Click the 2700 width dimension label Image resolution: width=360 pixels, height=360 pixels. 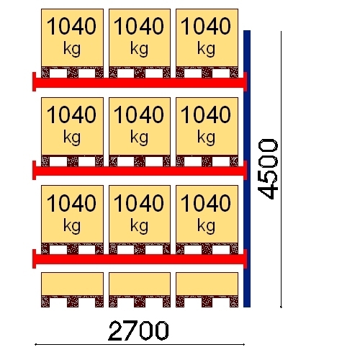tap(138, 331)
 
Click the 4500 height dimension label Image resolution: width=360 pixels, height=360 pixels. tap(268, 169)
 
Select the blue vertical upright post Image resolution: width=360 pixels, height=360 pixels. tap(247, 168)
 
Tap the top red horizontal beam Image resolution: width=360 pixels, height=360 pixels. tap(140, 83)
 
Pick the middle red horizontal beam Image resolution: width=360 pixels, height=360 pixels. tap(140, 171)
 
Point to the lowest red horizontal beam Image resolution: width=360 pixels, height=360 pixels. tap(140, 259)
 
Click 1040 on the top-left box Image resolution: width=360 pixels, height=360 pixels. tap(71, 26)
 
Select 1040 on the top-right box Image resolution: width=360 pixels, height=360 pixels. tap(206, 26)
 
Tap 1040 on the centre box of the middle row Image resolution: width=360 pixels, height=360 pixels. tap(139, 114)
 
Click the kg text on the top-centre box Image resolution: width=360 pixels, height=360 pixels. tap(139, 49)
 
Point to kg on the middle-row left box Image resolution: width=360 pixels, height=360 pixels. tap(72, 138)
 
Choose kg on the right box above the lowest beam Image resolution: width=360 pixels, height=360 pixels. tap(206, 226)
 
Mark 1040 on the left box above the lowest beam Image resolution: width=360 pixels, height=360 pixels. tap(71, 203)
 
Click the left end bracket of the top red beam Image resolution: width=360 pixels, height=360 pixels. tap(34, 81)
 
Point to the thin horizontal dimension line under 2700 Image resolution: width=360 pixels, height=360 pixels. tap(140, 344)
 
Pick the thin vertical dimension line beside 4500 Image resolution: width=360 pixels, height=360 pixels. tap(281, 169)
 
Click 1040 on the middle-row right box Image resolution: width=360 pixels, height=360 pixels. tap(206, 114)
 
